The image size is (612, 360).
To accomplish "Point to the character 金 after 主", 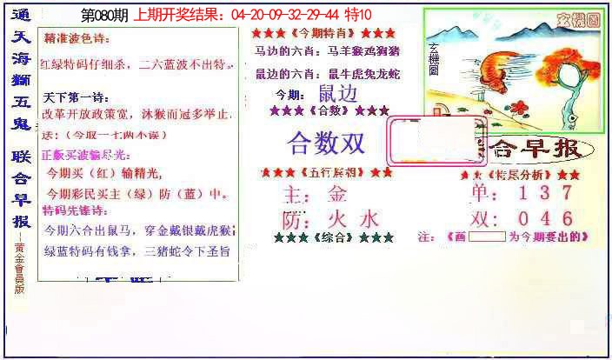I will (x=337, y=193).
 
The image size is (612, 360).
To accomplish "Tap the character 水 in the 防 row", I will (x=369, y=217).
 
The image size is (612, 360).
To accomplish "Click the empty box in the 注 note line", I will (x=491, y=236).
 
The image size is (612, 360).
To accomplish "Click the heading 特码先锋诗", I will (x=76, y=210).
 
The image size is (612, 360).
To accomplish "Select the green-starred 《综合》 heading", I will (x=333, y=237).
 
